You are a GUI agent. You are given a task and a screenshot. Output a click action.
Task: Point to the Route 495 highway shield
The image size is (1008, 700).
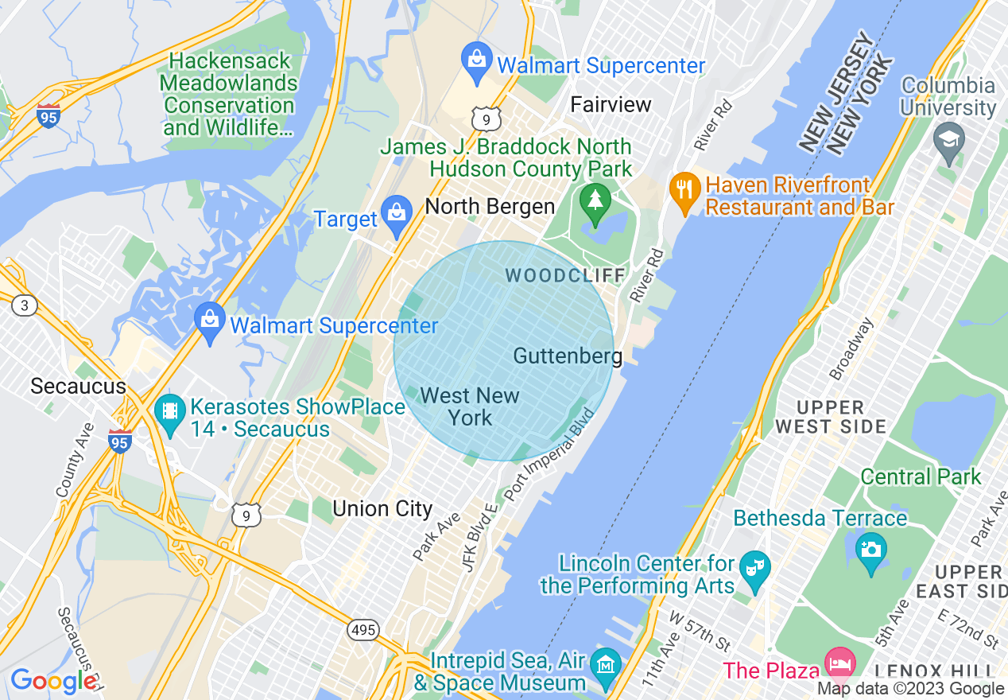(363, 630)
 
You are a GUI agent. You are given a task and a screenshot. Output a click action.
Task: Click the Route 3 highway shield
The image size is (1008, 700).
(24, 305)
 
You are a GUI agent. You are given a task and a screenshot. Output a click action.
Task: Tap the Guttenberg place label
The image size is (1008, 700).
(568, 356)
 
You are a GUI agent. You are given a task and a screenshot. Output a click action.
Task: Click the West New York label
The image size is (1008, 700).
(470, 406)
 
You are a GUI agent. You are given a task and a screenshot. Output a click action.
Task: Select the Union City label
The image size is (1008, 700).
(382, 509)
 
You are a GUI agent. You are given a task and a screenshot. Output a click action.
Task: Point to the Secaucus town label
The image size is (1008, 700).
(78, 387)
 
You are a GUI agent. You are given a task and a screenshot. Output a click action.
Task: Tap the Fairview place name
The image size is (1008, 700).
(611, 104)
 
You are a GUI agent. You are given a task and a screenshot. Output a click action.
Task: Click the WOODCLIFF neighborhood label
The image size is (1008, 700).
(565, 276)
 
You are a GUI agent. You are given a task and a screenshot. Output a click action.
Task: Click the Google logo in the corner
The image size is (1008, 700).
(53, 681)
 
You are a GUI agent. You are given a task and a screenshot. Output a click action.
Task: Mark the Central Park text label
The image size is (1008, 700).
(921, 477)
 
